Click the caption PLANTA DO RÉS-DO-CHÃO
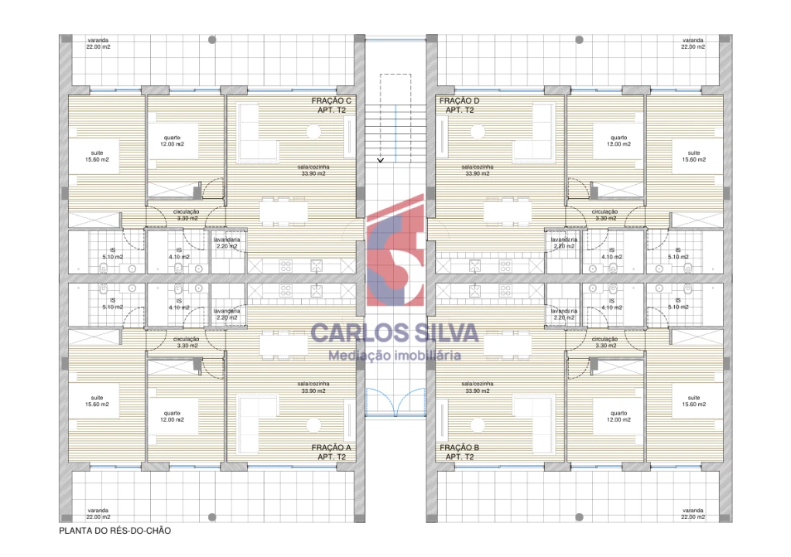point(115,531)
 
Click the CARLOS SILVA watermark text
point(395,333)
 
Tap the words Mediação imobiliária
point(395,356)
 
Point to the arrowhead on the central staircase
point(380,160)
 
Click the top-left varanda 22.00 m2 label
point(98,43)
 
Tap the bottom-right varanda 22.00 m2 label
point(693,514)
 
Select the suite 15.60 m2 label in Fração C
point(98,156)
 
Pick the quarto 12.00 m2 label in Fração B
point(618,415)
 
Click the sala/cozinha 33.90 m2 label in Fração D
point(478,170)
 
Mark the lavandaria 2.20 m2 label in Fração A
point(228,313)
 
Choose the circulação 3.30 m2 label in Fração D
point(604,214)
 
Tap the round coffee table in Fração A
point(314,425)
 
